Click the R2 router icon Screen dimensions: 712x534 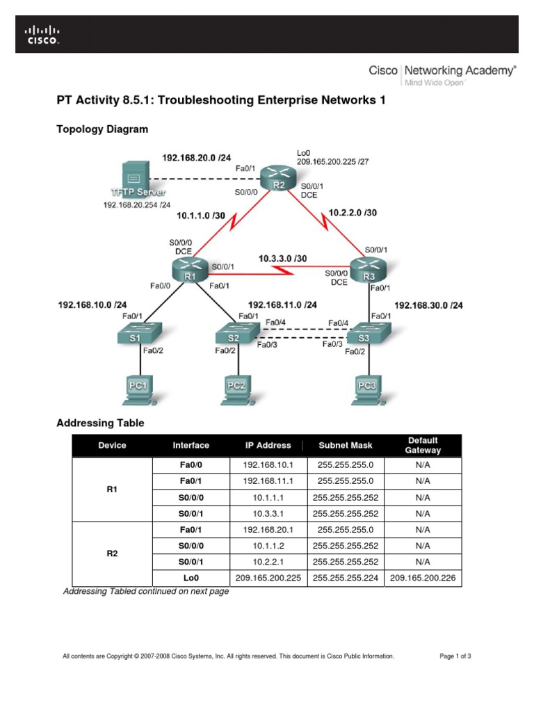(279, 179)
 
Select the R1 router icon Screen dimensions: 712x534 (189, 270)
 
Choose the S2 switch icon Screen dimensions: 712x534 (234, 335)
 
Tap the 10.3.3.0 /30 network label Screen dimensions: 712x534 (282, 259)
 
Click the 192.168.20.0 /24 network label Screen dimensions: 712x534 (197, 158)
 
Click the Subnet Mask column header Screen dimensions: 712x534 (345, 445)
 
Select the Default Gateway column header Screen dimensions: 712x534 (423, 445)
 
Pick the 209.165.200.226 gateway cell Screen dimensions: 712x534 (423, 577)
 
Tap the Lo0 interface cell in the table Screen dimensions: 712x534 (190, 577)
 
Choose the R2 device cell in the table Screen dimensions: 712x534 (111, 554)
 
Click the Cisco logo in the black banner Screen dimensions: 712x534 (42, 35)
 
